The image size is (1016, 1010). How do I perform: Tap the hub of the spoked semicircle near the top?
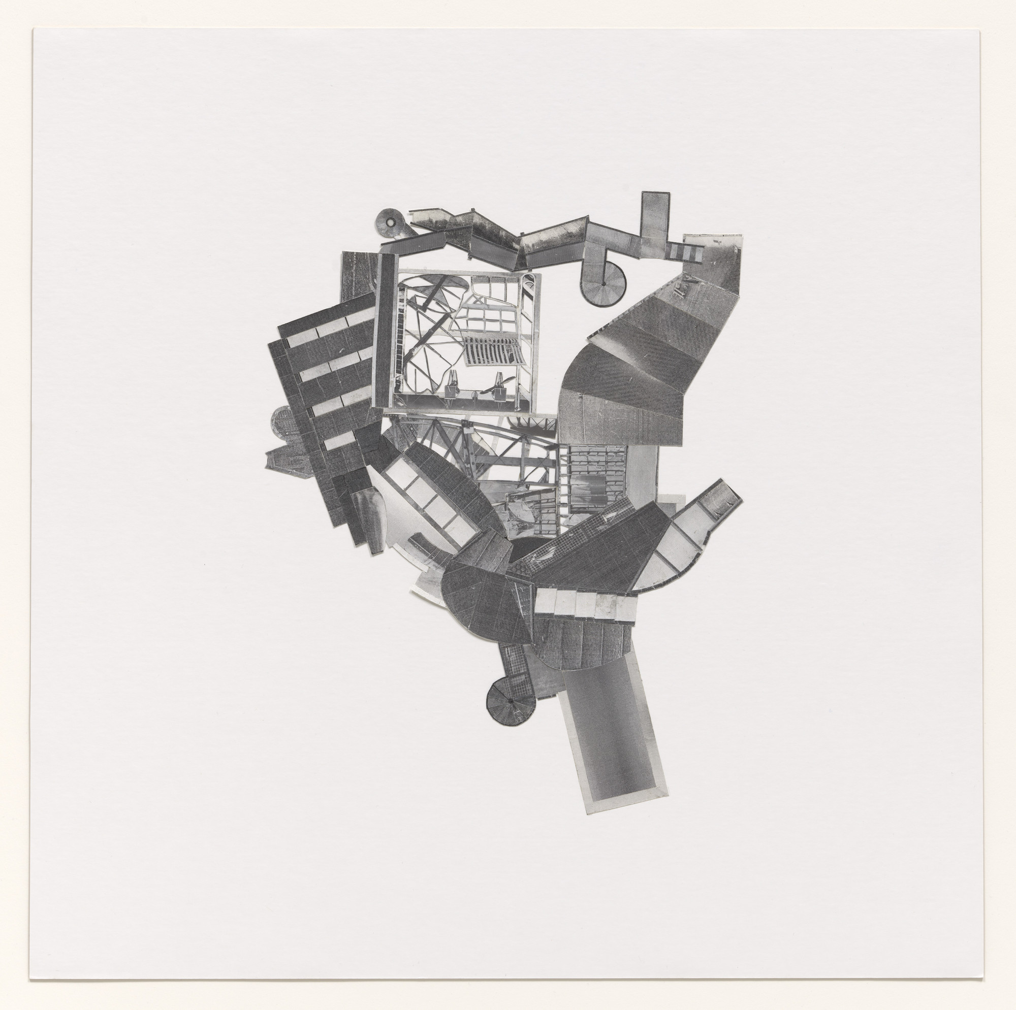pos(603,284)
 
